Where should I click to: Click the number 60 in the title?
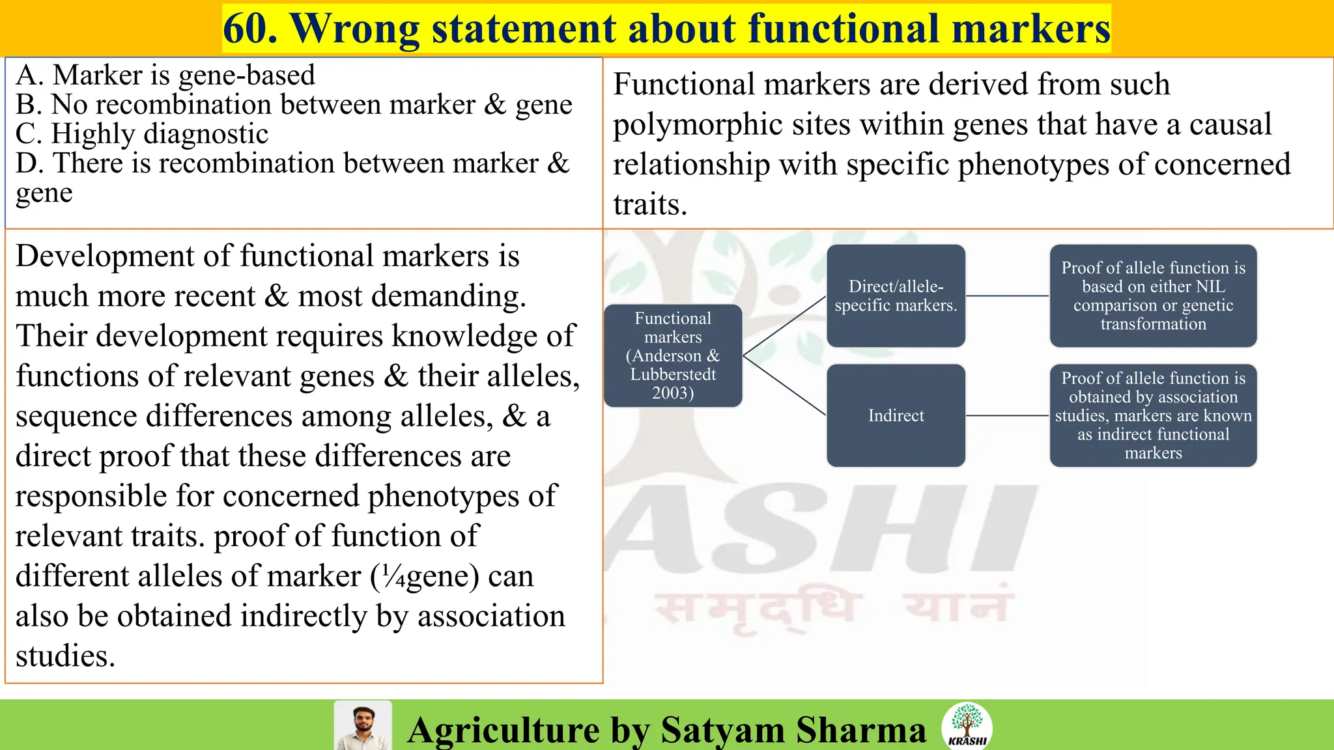[249, 29]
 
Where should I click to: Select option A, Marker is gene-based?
[165, 76]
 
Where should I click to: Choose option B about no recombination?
[293, 105]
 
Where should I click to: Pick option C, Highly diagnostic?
[142, 134]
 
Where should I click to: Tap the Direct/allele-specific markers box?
[896, 296]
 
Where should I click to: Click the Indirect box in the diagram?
[896, 415]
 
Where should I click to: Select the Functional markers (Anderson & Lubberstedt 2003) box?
[673, 355]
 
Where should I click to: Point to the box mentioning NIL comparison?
[1153, 296]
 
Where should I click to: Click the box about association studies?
[1153, 415]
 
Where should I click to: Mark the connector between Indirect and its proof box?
[1007, 415]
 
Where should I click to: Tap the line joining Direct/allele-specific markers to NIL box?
[1007, 296]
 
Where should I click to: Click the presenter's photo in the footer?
[363, 726]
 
